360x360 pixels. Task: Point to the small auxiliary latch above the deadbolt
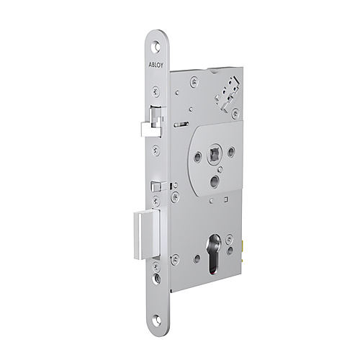(x=155, y=186)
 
